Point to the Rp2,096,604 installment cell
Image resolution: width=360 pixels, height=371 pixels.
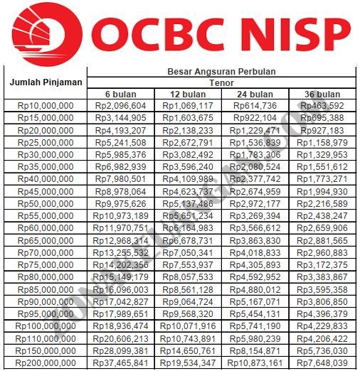pos(120,106)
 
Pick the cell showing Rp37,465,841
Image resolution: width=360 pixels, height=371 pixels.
pos(120,363)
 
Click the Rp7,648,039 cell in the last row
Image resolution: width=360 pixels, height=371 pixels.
pos(322,363)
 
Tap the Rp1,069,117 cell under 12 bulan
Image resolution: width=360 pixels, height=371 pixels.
pos(188,106)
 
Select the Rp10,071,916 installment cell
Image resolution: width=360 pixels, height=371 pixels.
pos(188,326)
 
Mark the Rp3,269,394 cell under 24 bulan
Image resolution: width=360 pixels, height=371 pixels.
pos(255,215)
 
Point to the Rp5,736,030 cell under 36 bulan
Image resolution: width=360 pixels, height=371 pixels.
pos(322,351)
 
